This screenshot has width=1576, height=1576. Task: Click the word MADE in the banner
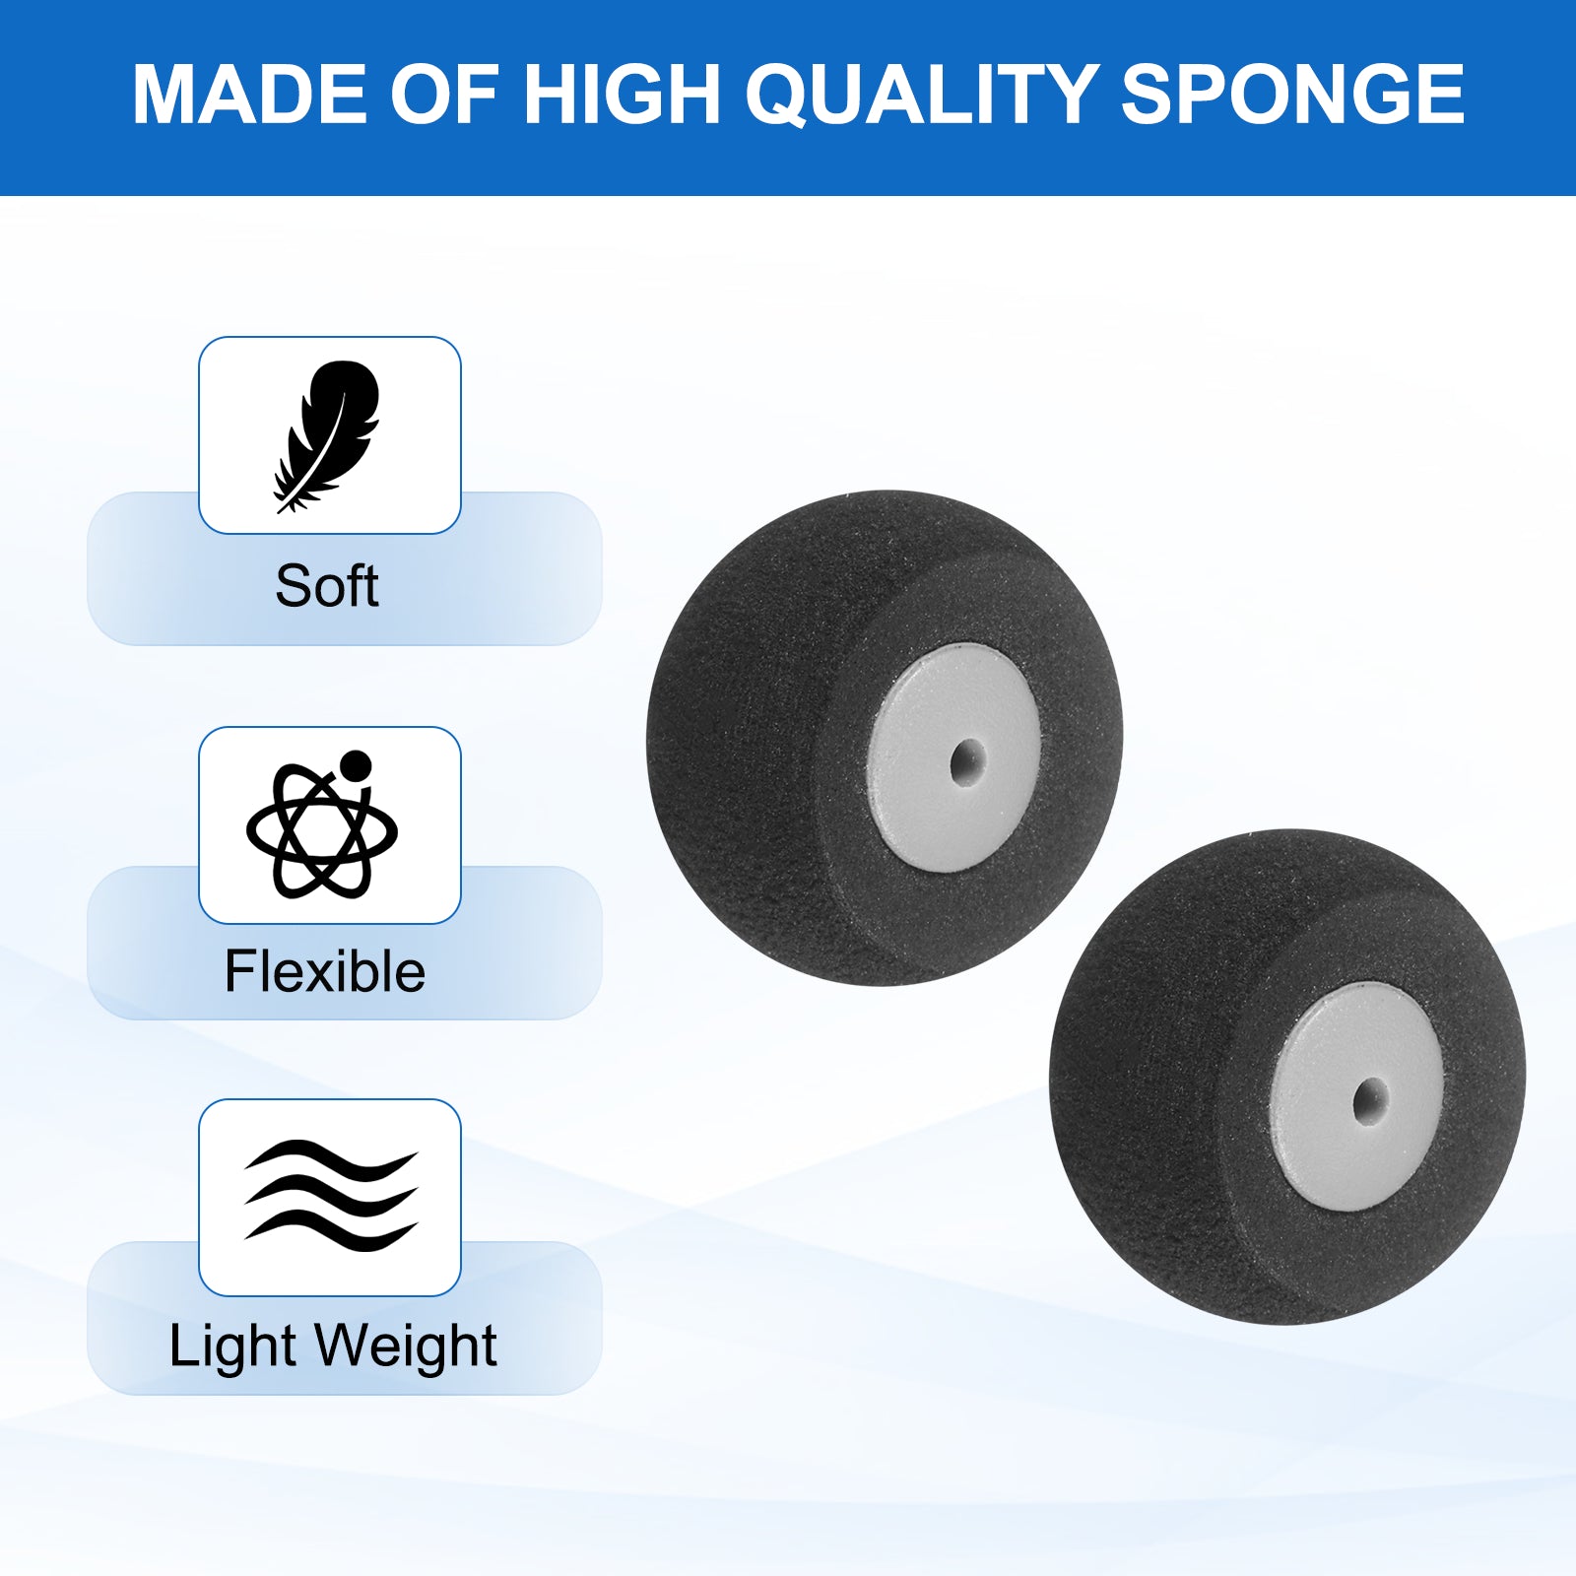pos(250,95)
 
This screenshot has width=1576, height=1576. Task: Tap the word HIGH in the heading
pos(623,95)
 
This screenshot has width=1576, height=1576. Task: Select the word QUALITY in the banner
pos(921,97)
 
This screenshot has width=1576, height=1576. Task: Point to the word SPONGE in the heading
pos(1292,95)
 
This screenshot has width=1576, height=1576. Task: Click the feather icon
pos(327,435)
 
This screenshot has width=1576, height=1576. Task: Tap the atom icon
pos(322,825)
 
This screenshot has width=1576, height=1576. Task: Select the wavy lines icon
pos(331,1196)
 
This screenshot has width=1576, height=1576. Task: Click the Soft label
pos(327,587)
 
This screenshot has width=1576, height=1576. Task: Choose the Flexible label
pos(325,972)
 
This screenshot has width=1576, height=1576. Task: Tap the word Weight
pos(407,1346)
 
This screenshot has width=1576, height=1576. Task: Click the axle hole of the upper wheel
pos(967,761)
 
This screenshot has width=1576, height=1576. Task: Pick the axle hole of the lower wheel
pos(1370,1099)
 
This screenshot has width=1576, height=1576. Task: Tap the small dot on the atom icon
pos(355,765)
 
